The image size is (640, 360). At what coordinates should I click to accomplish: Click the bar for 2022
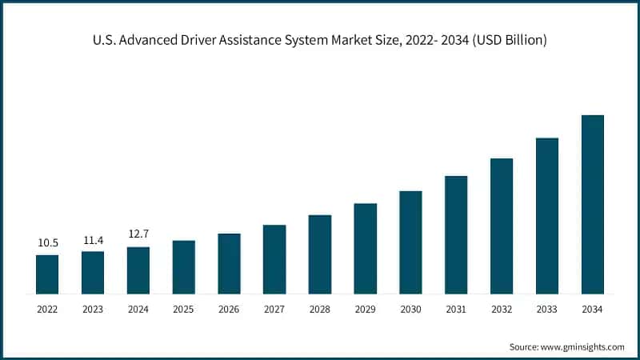pyautogui.click(x=47, y=274)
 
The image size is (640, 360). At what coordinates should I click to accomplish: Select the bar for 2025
pyautogui.click(x=183, y=266)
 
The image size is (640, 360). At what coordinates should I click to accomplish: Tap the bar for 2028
pyautogui.click(x=320, y=254)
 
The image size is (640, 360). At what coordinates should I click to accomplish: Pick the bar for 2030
pyautogui.click(x=410, y=242)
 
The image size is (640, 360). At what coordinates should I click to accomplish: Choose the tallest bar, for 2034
pyautogui.click(x=592, y=204)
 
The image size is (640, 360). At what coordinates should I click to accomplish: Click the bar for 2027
pyautogui.click(x=274, y=258)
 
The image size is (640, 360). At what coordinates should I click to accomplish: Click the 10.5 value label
pyautogui.click(x=47, y=242)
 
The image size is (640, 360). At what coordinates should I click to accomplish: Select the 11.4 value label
pyautogui.click(x=93, y=239)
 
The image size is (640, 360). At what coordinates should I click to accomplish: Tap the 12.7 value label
pyautogui.click(x=138, y=234)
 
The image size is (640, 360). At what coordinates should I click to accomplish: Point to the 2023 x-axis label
pyautogui.click(x=93, y=309)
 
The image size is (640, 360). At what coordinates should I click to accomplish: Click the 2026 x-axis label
pyautogui.click(x=229, y=309)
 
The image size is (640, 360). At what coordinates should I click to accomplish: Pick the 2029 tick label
pyautogui.click(x=365, y=309)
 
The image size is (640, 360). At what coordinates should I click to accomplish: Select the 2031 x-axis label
pyautogui.click(x=456, y=309)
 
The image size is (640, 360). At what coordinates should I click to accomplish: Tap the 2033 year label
pyautogui.click(x=546, y=309)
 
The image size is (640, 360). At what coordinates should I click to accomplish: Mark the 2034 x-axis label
pyautogui.click(x=592, y=309)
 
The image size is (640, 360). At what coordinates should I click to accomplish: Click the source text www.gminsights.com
pyautogui.click(x=585, y=346)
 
